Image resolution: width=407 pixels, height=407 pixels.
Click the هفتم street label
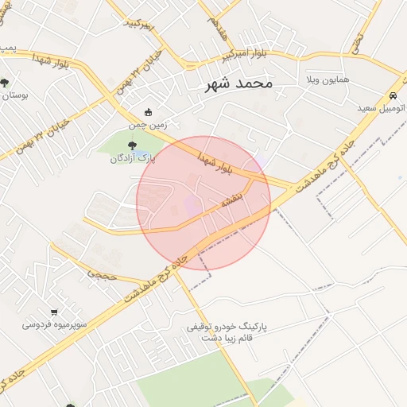pyautogui.click(x=214, y=27)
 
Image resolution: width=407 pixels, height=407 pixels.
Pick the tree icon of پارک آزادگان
pyautogui.click(x=131, y=145)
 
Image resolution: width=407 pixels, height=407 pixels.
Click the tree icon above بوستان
pyautogui.click(x=5, y=81)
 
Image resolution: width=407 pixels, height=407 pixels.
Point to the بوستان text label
pyautogui.click(x=14, y=95)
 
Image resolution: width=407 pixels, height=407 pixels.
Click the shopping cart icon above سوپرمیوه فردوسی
pyautogui.click(x=54, y=312)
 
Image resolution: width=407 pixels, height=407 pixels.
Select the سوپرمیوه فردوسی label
pyautogui.click(x=54, y=325)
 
